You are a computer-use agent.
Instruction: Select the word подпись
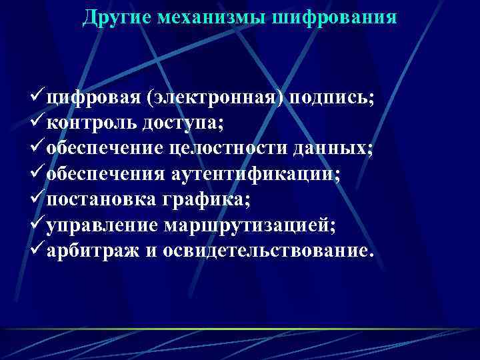coord(331,99)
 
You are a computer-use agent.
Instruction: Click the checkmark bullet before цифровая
coord(38,98)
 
